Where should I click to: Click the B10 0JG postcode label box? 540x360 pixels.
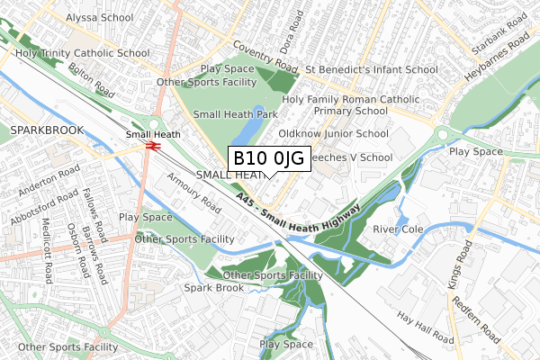pyautogui.click(x=270, y=158)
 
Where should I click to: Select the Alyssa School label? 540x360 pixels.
pyautogui.click(x=99, y=17)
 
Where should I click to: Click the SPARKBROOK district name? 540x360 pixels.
pyautogui.click(x=46, y=130)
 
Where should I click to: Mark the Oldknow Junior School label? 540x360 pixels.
pyautogui.click(x=333, y=133)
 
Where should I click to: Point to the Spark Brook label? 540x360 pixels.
pyautogui.click(x=213, y=288)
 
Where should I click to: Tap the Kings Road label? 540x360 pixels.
pyautogui.click(x=451, y=283)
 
